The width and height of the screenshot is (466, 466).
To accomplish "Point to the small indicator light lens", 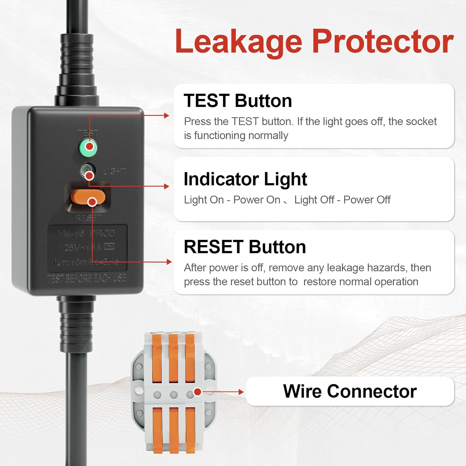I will (87, 171).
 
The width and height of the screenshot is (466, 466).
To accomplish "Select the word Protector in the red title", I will (382, 42).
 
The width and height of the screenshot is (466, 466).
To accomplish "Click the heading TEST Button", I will (238, 101).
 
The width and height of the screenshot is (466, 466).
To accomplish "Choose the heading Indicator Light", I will (245, 179).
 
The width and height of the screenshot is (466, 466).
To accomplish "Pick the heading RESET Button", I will (245, 247).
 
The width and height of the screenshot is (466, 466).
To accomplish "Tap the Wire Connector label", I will (349, 391).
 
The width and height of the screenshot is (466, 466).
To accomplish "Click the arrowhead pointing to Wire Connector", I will (241, 392).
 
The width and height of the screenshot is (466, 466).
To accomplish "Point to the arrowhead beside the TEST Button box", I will (167, 116).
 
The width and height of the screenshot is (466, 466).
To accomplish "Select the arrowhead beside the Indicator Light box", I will (167, 186).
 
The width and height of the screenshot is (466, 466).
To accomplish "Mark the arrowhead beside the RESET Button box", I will (169, 262).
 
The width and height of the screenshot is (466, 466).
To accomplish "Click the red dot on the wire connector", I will (197, 392).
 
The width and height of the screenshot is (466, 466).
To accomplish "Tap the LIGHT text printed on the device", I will (114, 171).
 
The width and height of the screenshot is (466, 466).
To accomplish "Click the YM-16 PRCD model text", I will (86, 233).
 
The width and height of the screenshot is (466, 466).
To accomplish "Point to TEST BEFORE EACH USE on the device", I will (86, 278).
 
